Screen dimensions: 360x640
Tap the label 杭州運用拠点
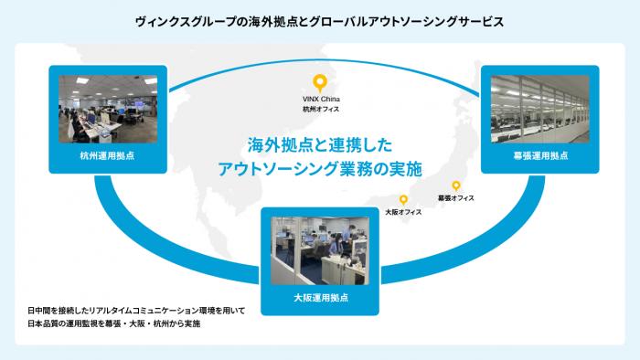coord(110,155)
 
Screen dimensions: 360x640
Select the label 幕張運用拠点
coord(540,155)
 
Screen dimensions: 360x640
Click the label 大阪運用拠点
coord(320,298)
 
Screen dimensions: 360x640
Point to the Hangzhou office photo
coord(110,107)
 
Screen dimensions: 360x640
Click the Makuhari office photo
coord(540,107)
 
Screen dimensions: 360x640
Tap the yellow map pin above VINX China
coord(319,81)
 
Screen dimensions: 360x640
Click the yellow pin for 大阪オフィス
coord(403,199)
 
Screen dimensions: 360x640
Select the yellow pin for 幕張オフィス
coord(456,185)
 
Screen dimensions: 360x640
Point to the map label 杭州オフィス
coord(320,109)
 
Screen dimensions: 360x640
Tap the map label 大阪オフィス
coord(403,212)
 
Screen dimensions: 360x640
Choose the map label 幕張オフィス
coord(455,197)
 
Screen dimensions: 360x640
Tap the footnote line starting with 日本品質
coord(113,324)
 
